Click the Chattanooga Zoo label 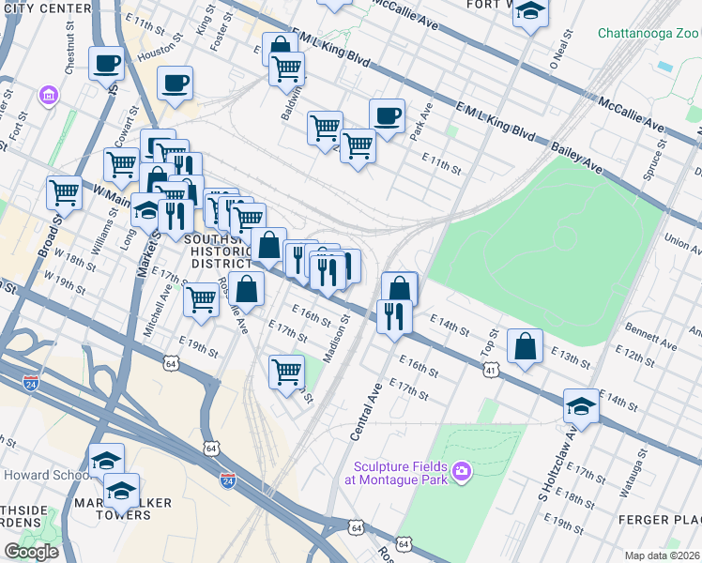[x=649, y=34]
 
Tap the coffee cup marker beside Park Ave [x=387, y=117]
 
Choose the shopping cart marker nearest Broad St [x=64, y=193]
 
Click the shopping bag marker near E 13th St [x=525, y=346]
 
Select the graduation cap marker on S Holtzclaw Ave [x=581, y=407]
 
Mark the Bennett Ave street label [x=650, y=339]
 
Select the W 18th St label [x=69, y=256]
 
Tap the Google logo [x=31, y=551]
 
